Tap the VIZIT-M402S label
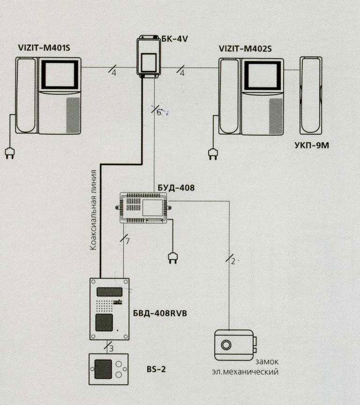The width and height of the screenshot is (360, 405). (x=245, y=48)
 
